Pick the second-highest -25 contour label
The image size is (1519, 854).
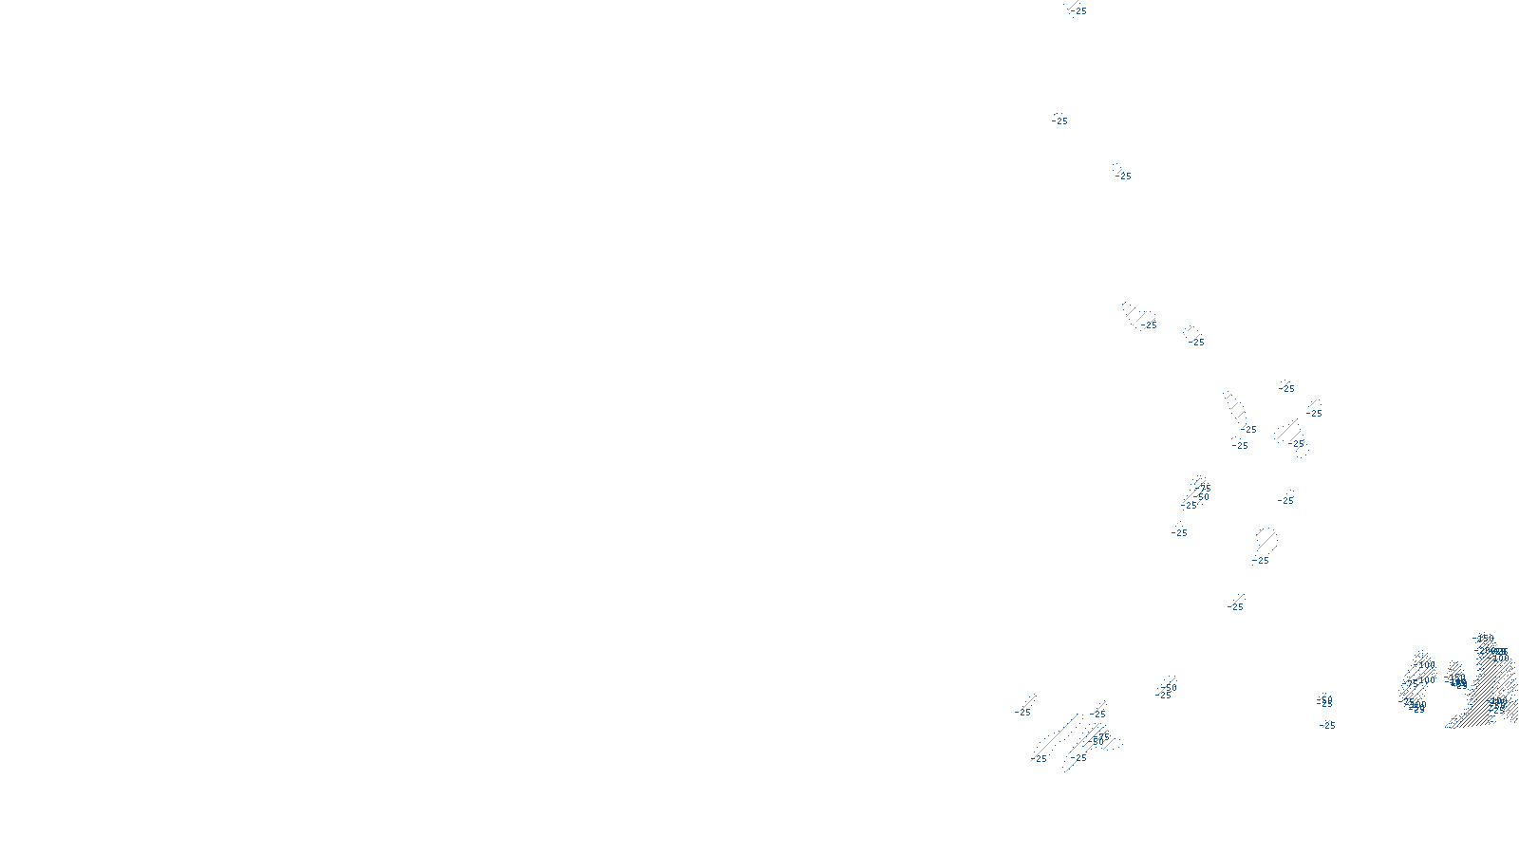tap(1060, 121)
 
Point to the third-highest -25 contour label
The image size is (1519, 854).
tap(1124, 176)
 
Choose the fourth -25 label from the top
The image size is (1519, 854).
tap(1150, 325)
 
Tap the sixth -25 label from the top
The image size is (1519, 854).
tap(1287, 388)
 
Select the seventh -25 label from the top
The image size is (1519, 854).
tap(1314, 414)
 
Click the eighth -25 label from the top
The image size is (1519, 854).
tap(1249, 430)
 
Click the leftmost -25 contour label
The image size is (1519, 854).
tap(1023, 713)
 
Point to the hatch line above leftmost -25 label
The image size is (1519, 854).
tap(1028, 701)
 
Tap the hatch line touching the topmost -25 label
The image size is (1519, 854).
tap(1072, 6)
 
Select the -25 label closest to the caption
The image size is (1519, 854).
tap(1041, 759)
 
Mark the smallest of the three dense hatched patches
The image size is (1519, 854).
tap(1456, 676)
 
